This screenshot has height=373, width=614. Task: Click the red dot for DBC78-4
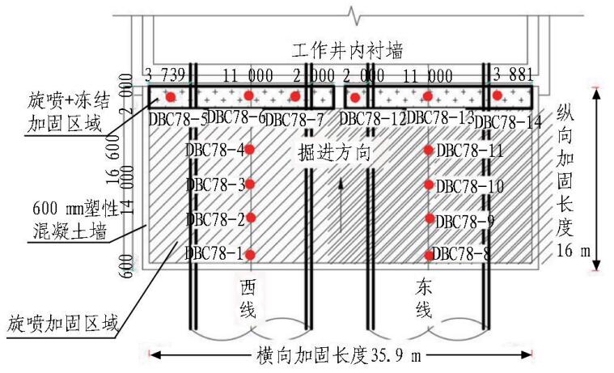click(251, 149)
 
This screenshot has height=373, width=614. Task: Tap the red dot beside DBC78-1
click(251, 254)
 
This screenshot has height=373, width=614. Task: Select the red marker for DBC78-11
click(428, 149)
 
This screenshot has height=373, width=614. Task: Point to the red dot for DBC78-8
click(428, 256)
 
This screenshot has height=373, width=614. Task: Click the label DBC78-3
click(214, 185)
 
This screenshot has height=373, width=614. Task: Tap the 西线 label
click(248, 299)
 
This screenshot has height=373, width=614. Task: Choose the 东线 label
click(425, 299)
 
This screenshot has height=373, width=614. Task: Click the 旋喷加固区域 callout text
click(59, 324)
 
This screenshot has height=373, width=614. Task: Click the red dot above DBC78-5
click(171, 97)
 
